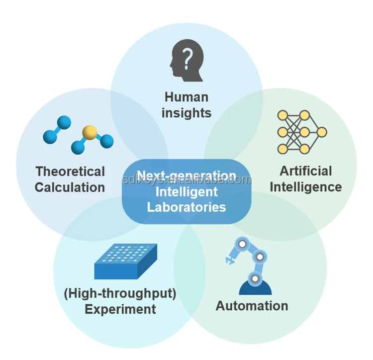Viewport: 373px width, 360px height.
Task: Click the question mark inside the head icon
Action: [187, 59]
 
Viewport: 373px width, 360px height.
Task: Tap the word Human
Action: [186, 97]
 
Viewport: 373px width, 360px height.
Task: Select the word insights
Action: [186, 113]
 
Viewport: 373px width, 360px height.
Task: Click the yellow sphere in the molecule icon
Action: [90, 132]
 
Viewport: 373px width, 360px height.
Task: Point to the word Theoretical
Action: [70, 172]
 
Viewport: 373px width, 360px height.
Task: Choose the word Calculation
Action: [70, 187]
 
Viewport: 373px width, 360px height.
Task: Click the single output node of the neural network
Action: [322, 132]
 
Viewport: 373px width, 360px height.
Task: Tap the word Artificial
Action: [306, 171]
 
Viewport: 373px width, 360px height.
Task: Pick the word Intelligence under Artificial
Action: [306, 187]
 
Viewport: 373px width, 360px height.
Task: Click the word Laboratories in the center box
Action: [186, 207]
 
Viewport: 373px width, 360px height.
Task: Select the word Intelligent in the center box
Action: [186, 191]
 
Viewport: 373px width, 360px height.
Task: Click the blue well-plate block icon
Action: [126, 261]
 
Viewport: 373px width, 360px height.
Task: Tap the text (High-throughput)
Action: [120, 293]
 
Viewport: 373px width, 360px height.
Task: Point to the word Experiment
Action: [120, 309]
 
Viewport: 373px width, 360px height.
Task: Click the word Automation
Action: [252, 306]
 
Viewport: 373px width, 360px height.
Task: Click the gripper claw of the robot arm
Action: [229, 260]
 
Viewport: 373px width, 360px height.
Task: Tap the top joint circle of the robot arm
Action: [242, 244]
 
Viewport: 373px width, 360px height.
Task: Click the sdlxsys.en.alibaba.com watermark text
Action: [186, 180]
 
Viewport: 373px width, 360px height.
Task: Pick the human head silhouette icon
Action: [186, 60]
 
